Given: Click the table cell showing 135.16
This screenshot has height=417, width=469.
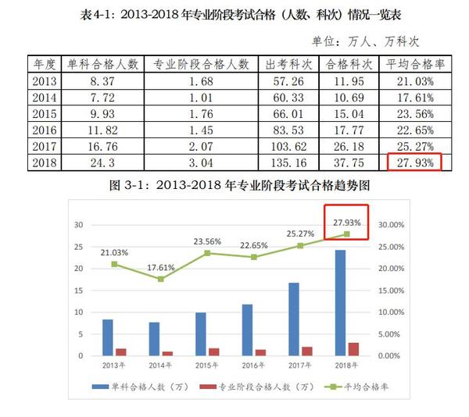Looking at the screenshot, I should click(288, 163).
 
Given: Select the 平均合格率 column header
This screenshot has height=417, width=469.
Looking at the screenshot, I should click(412, 64).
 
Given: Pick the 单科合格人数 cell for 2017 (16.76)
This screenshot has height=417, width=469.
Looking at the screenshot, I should click(102, 147).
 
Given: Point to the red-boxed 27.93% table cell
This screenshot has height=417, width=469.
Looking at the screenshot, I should click(414, 163).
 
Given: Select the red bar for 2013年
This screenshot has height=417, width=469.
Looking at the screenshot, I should click(120, 351).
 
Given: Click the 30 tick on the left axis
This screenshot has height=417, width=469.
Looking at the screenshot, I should click(78, 225).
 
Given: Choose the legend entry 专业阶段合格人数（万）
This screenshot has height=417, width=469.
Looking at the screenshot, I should click(248, 387).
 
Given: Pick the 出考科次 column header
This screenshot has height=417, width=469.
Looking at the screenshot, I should click(288, 64).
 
